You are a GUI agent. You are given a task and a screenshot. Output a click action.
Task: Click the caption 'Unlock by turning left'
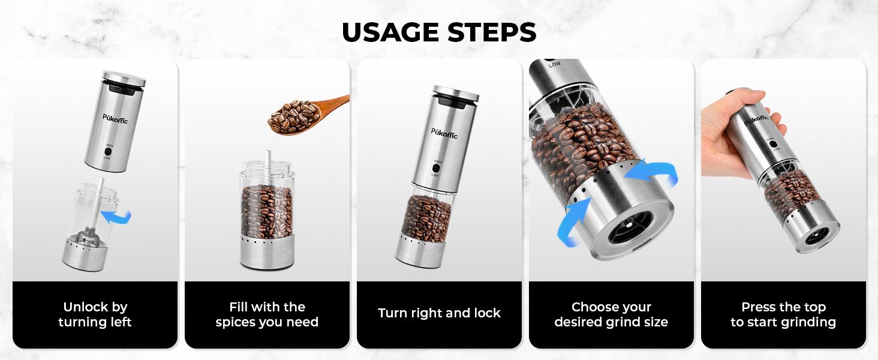(95, 314)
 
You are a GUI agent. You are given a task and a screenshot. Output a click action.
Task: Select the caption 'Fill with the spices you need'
(267, 314)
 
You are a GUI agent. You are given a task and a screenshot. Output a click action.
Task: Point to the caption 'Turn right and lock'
(439, 313)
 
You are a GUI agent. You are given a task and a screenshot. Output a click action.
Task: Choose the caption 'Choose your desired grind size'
(611, 314)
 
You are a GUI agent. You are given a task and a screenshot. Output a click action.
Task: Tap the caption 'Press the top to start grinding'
(783, 314)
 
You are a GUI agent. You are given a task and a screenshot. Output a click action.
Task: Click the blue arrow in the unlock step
(116, 215)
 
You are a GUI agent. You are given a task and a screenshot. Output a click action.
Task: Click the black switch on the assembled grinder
(435, 169)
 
